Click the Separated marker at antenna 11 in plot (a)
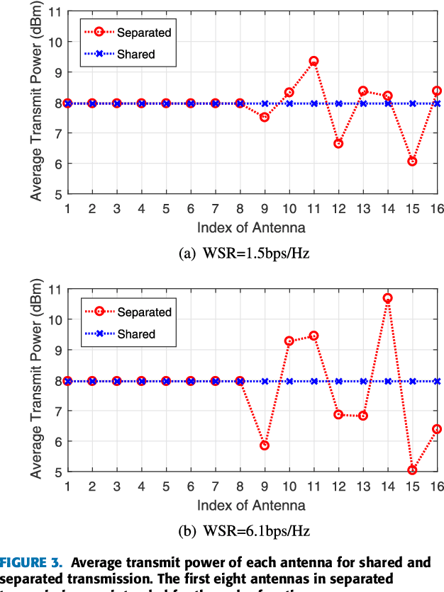(313, 62)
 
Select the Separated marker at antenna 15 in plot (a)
(412, 161)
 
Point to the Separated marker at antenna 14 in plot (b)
(387, 298)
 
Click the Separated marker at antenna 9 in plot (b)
(265, 445)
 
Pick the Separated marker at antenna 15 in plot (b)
(412, 470)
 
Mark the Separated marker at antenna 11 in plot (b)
(313, 336)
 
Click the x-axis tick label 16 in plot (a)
(436, 209)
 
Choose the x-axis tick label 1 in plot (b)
(67, 487)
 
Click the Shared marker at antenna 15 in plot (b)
(412, 381)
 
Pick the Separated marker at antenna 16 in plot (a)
(437, 91)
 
